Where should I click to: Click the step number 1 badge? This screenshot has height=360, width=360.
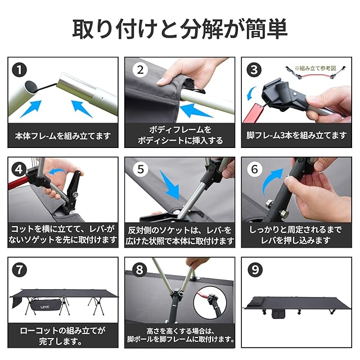19,70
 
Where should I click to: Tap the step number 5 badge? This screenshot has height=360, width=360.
141,169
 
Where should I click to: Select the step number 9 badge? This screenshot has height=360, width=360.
255,269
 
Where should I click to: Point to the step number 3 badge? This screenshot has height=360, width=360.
254,70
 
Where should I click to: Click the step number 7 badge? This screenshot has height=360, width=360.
19,269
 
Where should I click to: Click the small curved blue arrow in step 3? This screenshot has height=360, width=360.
251,93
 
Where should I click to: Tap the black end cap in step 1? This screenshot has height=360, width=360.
30,87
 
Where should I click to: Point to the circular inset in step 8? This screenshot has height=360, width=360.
210,303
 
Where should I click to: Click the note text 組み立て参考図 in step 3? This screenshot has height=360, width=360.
318,68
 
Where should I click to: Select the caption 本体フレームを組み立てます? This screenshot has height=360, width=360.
63,136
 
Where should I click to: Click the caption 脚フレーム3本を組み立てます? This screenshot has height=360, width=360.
296,136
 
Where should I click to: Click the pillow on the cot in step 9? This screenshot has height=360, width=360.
257,301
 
